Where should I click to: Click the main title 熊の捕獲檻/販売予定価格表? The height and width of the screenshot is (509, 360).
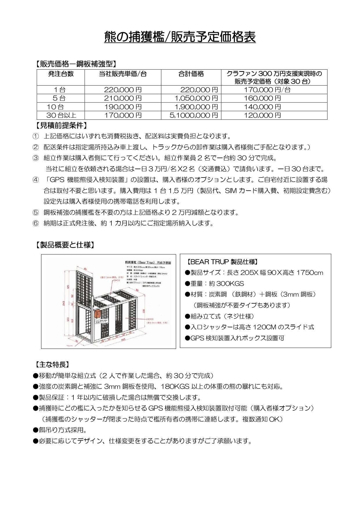tap(180, 37)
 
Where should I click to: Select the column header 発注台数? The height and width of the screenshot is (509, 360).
tap(61, 74)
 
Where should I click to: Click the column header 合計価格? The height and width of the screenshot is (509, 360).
tap(191, 74)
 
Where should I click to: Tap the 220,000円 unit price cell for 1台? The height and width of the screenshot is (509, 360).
tap(123, 90)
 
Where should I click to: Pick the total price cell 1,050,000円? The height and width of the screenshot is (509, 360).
tap(196, 98)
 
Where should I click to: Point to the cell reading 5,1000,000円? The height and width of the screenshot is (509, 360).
tap(193, 115)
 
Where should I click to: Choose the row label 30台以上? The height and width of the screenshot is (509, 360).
tap(61, 115)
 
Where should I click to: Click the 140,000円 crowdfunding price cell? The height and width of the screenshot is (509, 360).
tap(262, 107)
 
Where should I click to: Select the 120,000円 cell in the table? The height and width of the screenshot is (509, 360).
tap(262, 115)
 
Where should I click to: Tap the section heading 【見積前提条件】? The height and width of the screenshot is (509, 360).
tap(61, 126)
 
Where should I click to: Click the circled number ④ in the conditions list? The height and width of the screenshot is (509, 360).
tap(35, 180)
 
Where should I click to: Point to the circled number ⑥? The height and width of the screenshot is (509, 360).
tap(35, 223)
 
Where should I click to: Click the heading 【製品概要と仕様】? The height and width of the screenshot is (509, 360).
tap(65, 245)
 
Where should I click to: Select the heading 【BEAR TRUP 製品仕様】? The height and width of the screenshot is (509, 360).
tap(222, 262)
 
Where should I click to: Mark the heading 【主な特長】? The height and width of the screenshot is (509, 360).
tap(52, 365)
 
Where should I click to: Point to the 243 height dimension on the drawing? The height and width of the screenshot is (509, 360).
tap(64, 303)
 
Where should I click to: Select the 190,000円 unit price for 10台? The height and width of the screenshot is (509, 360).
tap(123, 107)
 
